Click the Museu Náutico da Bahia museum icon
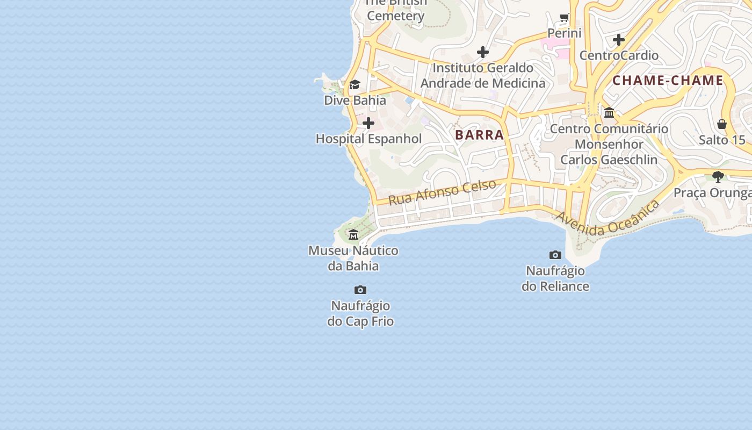353,235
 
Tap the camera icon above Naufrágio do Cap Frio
360,290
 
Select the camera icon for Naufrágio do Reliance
555,255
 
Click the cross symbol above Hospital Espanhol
368,124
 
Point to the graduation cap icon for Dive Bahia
355,85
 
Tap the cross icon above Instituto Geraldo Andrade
483,52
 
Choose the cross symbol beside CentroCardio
619,40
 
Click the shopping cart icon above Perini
565,18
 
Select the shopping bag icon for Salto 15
722,125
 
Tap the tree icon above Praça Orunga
718,177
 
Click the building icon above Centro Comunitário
609,113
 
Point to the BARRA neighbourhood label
480,135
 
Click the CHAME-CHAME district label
668,81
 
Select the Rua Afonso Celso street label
442,192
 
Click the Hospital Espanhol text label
368,139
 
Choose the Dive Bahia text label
355,100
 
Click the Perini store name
565,33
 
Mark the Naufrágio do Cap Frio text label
360,313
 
